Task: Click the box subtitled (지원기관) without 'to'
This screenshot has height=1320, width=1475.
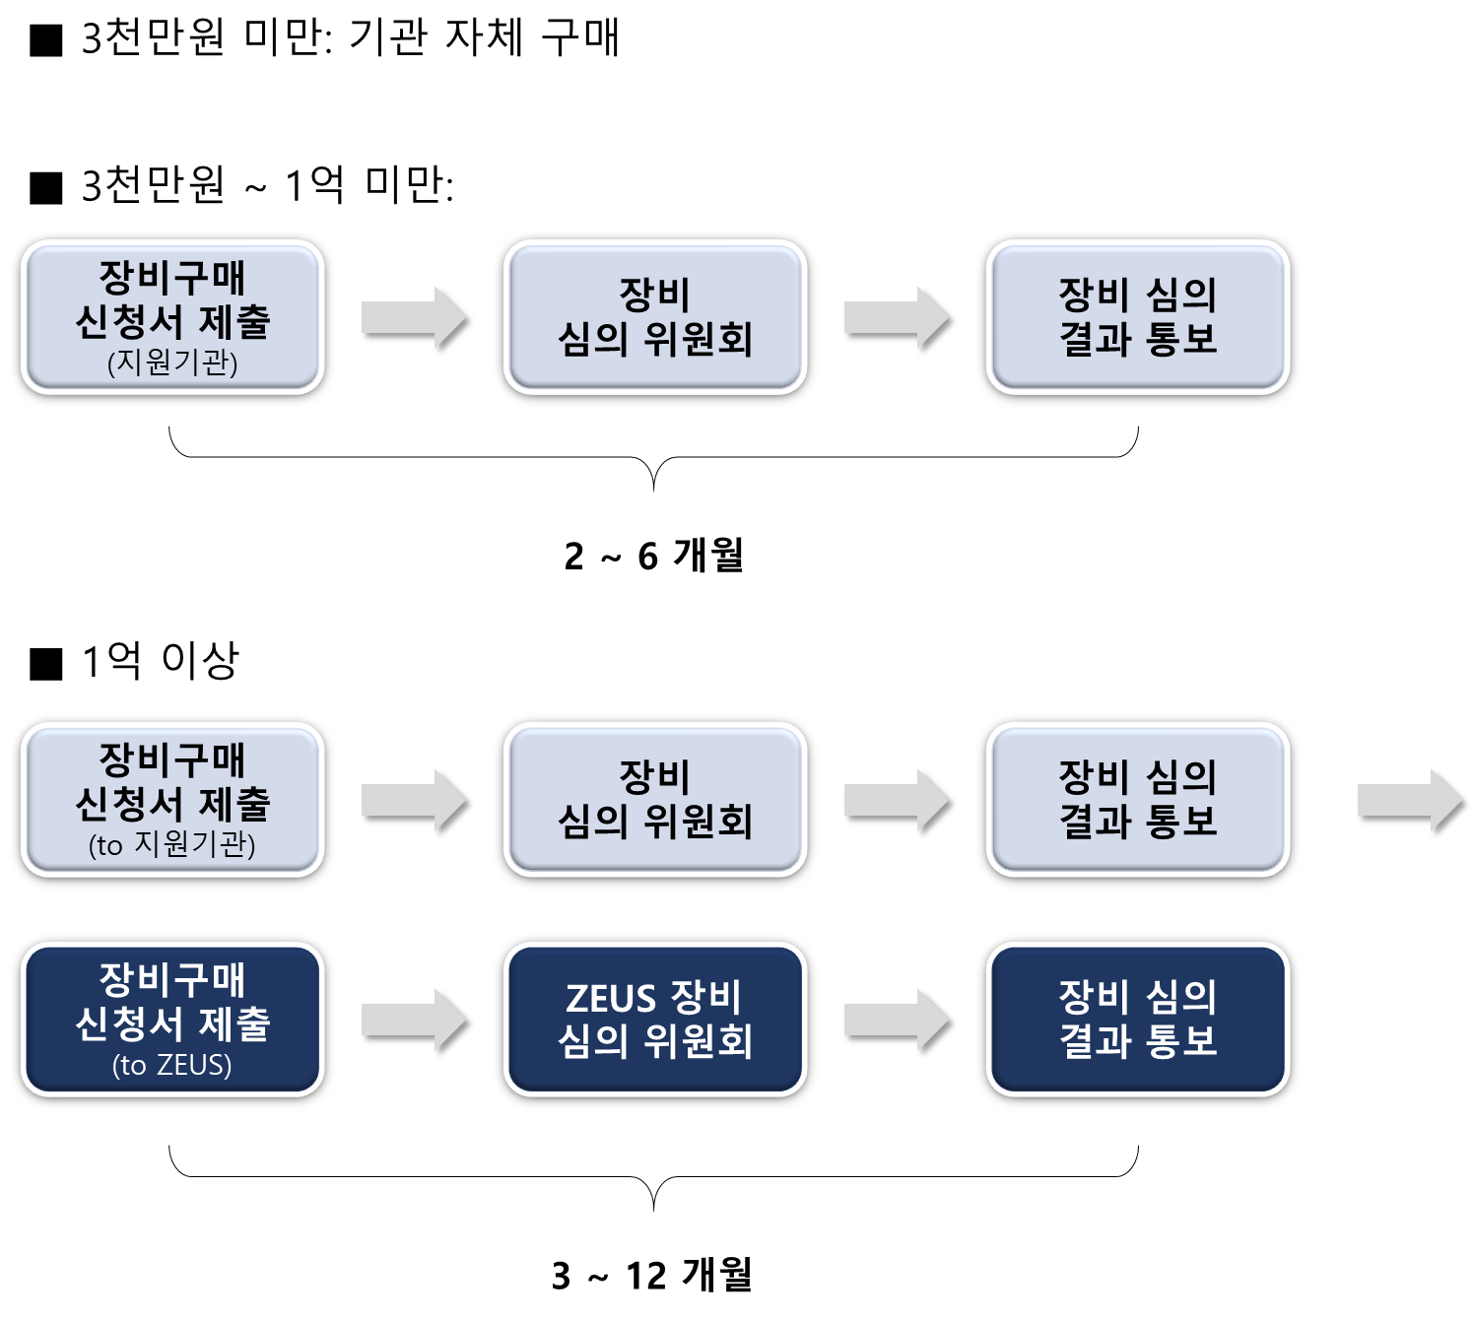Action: (172, 317)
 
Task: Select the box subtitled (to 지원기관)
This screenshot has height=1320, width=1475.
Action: (172, 799)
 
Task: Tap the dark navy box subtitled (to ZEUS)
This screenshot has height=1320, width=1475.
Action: (172, 1019)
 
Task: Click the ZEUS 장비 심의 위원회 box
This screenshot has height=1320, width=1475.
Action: (655, 1019)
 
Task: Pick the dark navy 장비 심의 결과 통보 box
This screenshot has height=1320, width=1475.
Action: (1138, 1019)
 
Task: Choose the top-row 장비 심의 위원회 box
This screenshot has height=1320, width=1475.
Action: (655, 317)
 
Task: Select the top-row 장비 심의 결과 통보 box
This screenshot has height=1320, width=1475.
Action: (1138, 317)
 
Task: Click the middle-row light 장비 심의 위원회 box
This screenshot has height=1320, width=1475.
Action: (655, 799)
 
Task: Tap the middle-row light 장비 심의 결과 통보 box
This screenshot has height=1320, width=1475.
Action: (1138, 799)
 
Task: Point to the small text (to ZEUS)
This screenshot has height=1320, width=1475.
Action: (172, 1065)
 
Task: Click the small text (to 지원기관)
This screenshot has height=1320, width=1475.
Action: (172, 845)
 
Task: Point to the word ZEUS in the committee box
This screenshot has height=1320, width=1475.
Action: (611, 998)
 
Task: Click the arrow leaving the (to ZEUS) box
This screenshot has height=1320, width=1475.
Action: (413, 1020)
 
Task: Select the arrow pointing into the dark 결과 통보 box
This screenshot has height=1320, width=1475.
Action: (896, 1020)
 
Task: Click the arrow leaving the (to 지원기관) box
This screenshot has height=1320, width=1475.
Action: (413, 800)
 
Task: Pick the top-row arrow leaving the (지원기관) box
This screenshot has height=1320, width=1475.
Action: (413, 317)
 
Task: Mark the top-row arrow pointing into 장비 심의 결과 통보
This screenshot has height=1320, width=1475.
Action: (896, 317)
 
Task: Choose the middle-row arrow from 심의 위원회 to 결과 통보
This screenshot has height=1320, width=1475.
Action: (896, 800)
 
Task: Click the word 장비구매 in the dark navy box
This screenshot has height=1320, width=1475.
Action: (172, 979)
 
